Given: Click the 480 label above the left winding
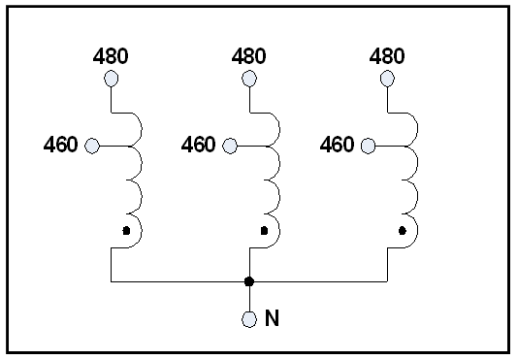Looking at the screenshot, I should coord(112,56).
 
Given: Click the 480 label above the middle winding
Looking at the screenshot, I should coord(249,56).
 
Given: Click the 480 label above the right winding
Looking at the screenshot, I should coord(388,56).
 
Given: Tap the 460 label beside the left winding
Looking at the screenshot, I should coord(60,146).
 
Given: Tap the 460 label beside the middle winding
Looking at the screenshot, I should coord(198,146).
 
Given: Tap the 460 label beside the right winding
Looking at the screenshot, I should coord(337,146).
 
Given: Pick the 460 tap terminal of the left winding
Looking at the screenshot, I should coord(92,146).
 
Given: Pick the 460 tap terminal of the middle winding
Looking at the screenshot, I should coord(230,146).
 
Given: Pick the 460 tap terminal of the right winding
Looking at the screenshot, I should coord(369,146).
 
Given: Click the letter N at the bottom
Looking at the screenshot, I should coord(272,318).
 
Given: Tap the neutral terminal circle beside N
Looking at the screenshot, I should coord(249,319).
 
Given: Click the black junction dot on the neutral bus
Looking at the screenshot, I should coord(249,281).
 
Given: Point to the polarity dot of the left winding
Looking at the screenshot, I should coord(125,231).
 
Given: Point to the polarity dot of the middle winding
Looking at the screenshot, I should coord(263,231).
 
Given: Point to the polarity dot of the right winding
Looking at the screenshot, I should coord(402,231).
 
